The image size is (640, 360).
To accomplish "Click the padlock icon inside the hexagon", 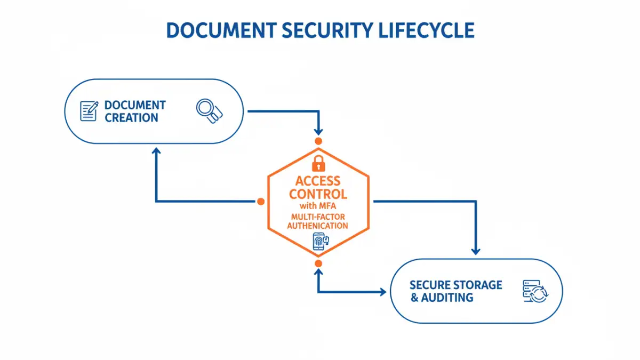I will (318, 162).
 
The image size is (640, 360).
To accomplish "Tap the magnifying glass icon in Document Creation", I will (208, 111).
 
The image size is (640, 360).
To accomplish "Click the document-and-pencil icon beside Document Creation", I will (89, 111).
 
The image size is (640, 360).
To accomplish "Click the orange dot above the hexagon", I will (318, 141).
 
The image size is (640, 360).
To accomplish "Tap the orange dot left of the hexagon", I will (261, 202).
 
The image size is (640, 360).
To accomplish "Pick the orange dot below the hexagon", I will (318, 263).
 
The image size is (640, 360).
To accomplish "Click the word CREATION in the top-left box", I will (131, 118).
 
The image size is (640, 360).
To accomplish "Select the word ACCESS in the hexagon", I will (317, 180).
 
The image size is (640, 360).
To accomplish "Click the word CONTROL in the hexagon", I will (317, 194).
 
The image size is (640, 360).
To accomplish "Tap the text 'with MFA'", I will (317, 206).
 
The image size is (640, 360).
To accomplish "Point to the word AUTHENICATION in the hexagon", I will (317, 226).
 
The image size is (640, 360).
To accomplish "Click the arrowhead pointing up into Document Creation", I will (156, 152).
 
